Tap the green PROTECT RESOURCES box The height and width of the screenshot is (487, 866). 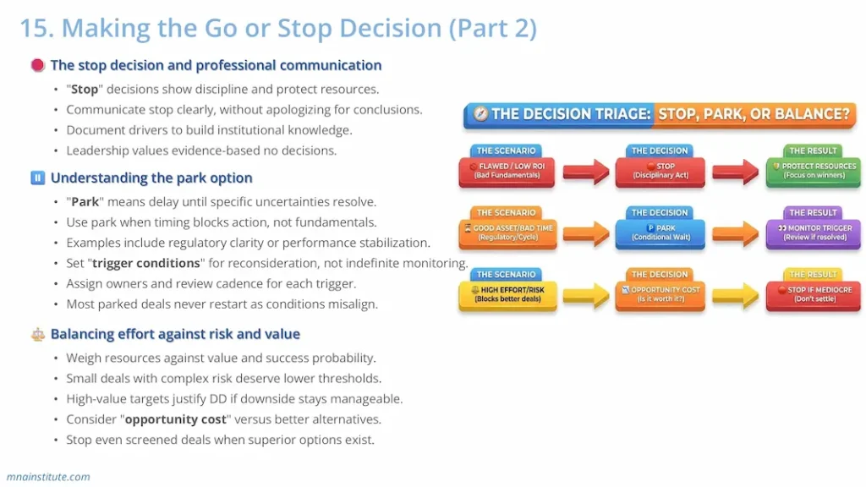click(x=813, y=171)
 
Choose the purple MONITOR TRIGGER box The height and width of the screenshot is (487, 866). click(x=813, y=233)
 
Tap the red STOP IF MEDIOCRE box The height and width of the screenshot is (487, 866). click(x=813, y=294)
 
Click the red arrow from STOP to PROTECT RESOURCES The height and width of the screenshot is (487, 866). click(x=735, y=172)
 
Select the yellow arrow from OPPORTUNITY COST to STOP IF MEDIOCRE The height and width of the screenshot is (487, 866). click(x=735, y=295)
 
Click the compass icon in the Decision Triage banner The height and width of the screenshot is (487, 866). click(x=480, y=114)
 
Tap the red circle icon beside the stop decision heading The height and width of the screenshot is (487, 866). click(x=37, y=65)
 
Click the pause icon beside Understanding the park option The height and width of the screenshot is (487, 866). click(x=37, y=178)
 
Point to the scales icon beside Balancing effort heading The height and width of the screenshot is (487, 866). click(x=37, y=334)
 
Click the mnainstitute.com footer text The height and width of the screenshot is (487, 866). click(x=48, y=476)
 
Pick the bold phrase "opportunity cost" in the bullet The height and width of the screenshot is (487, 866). click(x=175, y=419)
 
